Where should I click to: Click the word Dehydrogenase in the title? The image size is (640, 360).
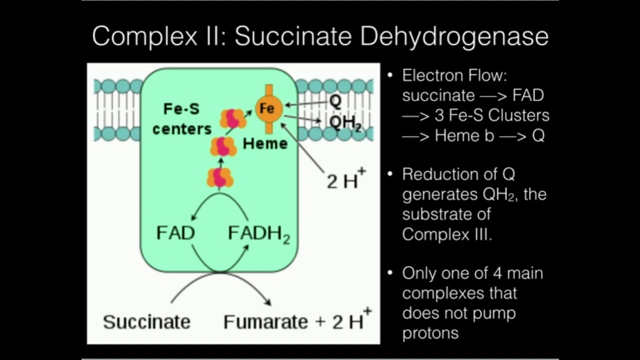[x=454, y=37]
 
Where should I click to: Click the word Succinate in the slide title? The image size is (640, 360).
[x=293, y=36]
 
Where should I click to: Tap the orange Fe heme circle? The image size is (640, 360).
[x=269, y=108]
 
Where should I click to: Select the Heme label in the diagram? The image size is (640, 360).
[x=265, y=143]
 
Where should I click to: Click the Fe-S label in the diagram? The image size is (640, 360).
[x=181, y=109]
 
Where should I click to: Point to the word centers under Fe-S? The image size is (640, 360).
[x=182, y=129]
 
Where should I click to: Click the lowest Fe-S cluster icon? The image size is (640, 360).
[x=220, y=177]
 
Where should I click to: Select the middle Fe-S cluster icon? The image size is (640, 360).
[x=223, y=146]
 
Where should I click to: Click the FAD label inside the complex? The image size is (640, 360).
[x=175, y=233]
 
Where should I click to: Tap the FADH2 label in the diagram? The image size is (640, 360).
[x=259, y=234]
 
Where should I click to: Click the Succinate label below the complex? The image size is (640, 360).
[x=146, y=322]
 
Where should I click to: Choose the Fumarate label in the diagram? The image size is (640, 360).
[x=265, y=322]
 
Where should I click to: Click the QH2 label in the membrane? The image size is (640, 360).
[x=345, y=123]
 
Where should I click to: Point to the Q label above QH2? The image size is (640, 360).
[x=335, y=101]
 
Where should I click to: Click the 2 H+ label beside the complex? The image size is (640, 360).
[x=346, y=178]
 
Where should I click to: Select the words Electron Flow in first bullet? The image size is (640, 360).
[x=454, y=75]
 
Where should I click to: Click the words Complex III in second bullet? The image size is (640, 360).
[x=446, y=234]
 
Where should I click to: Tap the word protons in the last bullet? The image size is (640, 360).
[x=430, y=333]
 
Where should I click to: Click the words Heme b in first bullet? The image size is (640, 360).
[x=464, y=135]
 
